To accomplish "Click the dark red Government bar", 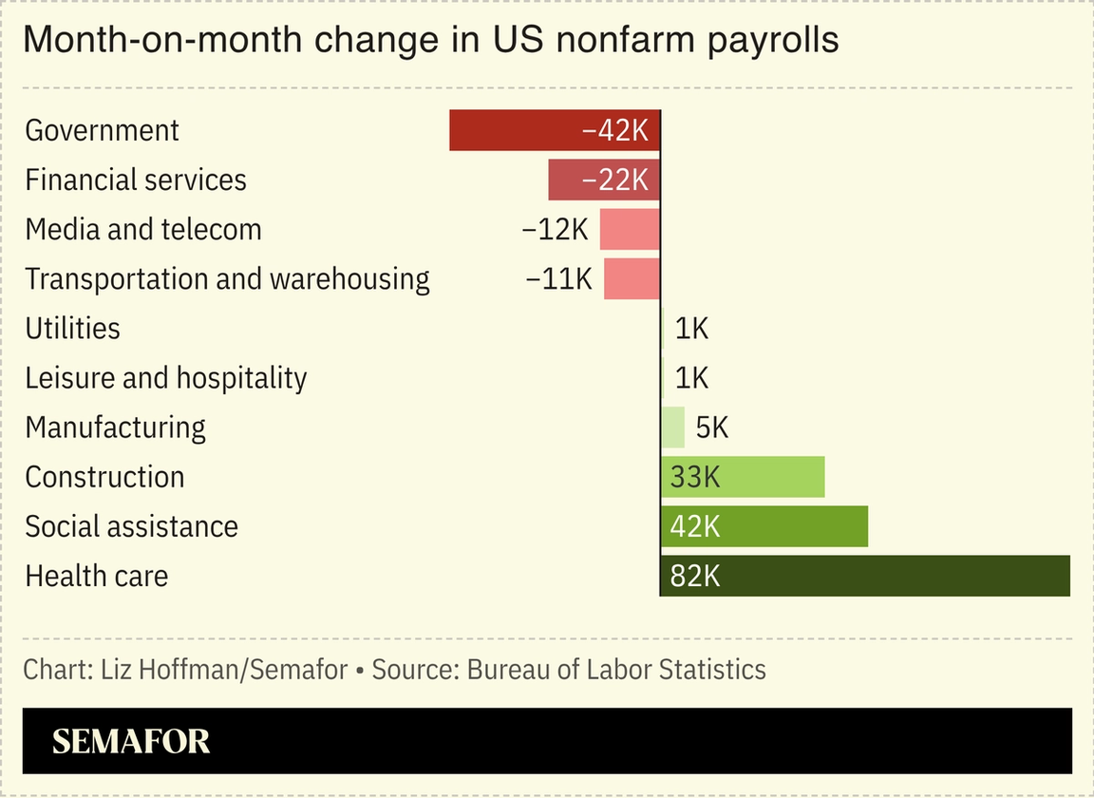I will coord(513,130).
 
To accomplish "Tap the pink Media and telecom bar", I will coord(629,229).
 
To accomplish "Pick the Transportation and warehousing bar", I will coord(632,278).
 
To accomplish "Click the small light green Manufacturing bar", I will coord(672,427).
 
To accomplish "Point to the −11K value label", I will coord(558,278).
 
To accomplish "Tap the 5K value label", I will coord(712,427).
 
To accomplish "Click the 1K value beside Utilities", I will coord(691,329).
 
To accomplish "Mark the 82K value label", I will coord(695,576).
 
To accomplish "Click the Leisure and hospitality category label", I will coord(166,378).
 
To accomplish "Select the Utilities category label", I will coord(73,329).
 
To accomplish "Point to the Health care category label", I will coord(97,576).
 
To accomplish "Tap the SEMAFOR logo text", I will coord(131,741).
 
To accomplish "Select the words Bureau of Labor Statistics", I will coord(616,669).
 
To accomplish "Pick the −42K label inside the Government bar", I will coord(614,130).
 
